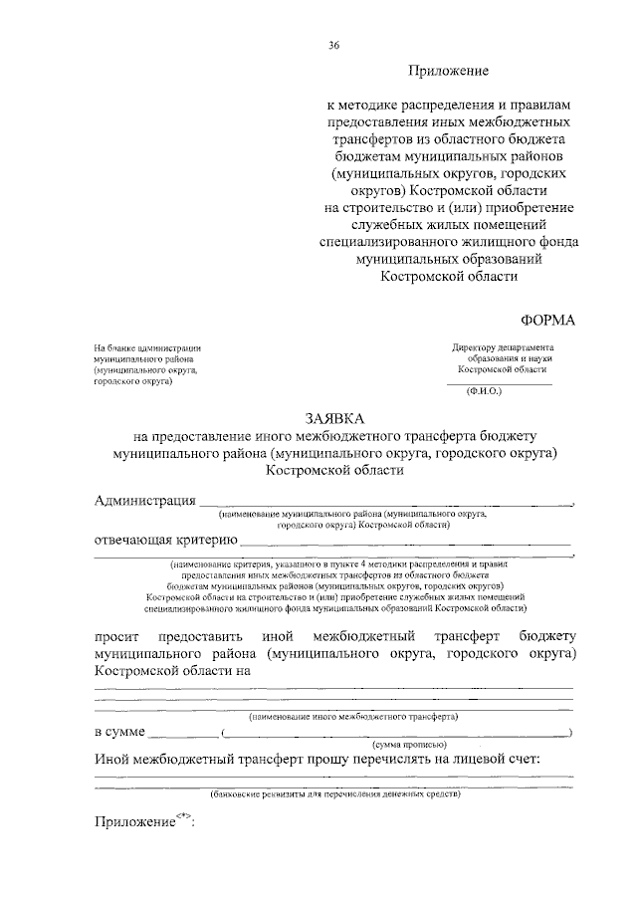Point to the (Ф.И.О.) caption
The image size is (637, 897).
pos(485,391)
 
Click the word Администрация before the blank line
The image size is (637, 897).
pos(145,500)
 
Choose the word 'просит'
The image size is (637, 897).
pos(117,634)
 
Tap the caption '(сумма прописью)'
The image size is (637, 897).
pos(410,746)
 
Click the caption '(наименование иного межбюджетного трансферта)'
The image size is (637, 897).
pos(352,715)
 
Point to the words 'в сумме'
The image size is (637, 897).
pos(119,732)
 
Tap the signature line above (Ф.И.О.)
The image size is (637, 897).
pos(499,382)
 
